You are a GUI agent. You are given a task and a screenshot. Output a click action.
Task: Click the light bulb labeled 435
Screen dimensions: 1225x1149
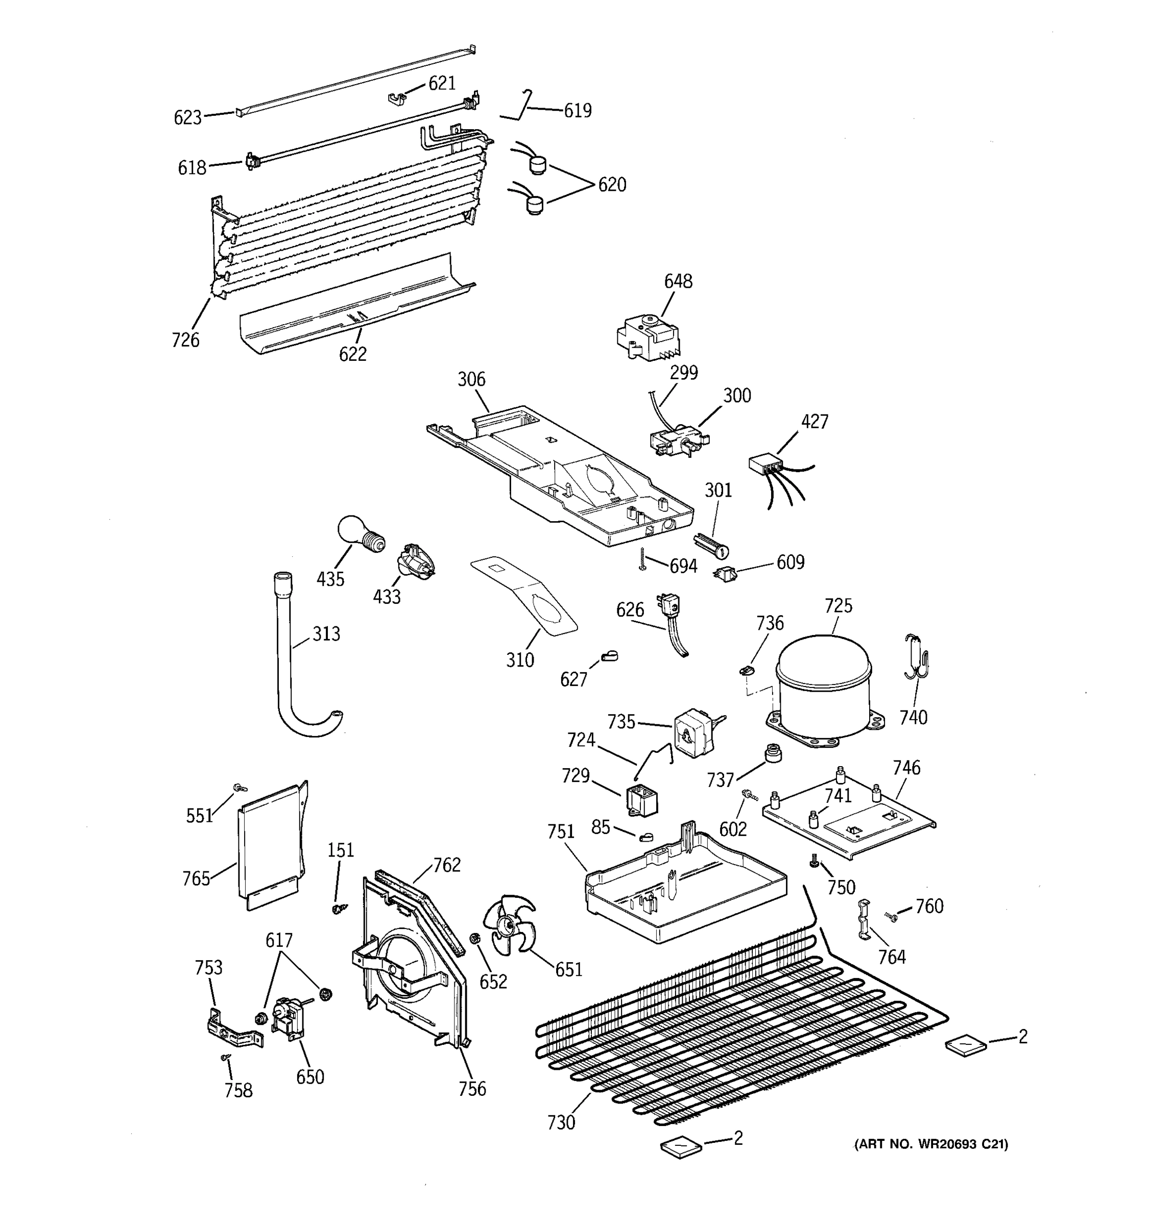[x=360, y=533]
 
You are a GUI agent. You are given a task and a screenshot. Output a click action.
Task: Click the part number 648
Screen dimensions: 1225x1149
[x=678, y=282]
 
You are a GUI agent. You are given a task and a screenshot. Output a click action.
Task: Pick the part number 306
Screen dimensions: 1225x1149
[x=471, y=380]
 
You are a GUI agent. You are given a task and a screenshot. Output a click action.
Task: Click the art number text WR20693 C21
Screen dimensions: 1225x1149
[x=931, y=1144]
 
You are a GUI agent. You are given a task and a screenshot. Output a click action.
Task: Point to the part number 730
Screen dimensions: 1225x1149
[x=561, y=1123]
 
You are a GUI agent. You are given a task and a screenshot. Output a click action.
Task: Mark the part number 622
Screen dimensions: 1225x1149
[x=352, y=354]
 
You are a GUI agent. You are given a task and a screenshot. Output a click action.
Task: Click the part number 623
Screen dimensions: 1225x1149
[x=187, y=117]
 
